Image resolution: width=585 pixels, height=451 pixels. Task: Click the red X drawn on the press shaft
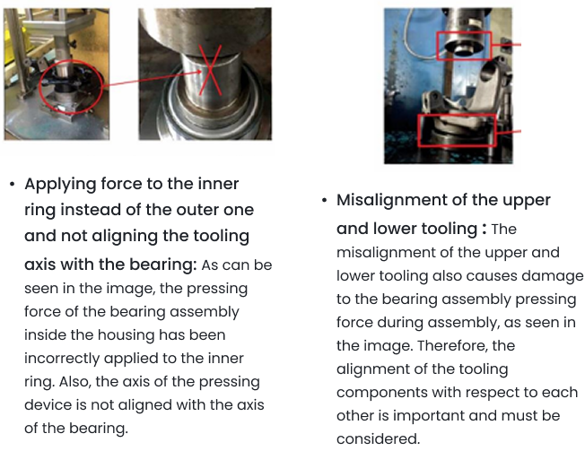point(210,70)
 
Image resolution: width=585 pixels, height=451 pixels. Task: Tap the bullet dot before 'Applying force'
point(13,184)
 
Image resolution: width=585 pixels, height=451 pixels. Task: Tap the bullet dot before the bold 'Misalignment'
point(324,201)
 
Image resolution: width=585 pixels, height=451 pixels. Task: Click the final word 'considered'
point(378,438)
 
